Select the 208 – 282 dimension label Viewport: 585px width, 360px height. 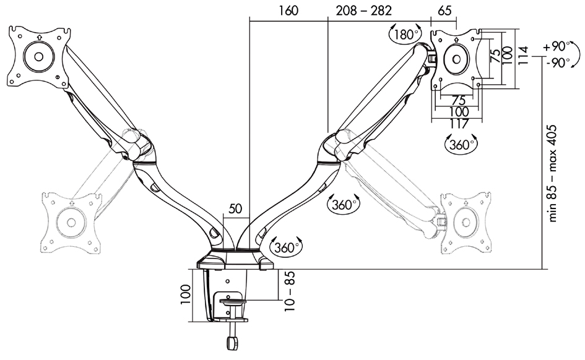click(x=364, y=11)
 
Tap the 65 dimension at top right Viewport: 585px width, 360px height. click(x=443, y=11)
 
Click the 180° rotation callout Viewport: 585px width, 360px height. click(x=406, y=35)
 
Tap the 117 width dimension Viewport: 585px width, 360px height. click(x=459, y=123)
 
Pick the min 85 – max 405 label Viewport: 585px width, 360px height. click(x=553, y=173)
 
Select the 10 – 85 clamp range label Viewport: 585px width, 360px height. click(x=286, y=292)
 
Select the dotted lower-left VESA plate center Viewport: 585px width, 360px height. click(x=69, y=221)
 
